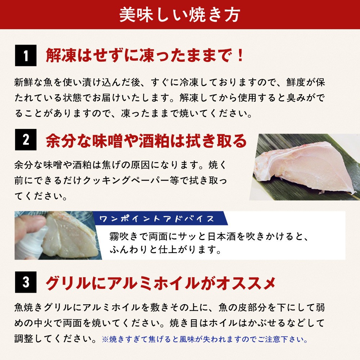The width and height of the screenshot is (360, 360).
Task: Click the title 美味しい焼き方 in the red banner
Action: click(x=180, y=15)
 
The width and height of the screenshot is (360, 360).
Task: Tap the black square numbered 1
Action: click(x=26, y=55)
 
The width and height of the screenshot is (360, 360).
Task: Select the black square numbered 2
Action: click(x=26, y=140)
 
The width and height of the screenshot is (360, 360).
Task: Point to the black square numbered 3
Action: click(x=26, y=282)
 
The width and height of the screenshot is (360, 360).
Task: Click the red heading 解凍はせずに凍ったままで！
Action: click(x=145, y=55)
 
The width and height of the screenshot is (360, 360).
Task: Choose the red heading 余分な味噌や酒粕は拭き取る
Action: click(x=146, y=140)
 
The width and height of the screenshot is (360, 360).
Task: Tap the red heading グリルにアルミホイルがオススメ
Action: click(x=161, y=283)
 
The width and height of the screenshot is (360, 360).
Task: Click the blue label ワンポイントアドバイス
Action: click(x=157, y=219)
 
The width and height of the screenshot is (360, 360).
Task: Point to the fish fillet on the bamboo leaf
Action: click(x=304, y=168)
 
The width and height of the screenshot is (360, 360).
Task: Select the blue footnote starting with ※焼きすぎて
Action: click(x=205, y=339)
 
